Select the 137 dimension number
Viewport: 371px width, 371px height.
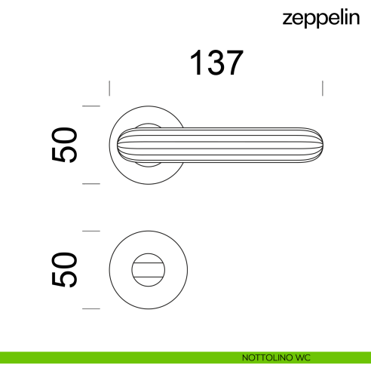click(216, 63)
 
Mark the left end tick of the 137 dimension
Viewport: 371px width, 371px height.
click(111, 88)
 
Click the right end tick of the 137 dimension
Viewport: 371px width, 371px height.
click(323, 88)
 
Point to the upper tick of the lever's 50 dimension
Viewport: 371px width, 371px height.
click(91, 107)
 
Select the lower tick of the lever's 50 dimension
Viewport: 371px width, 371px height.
click(91, 183)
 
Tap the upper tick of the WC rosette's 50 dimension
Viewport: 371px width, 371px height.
click(91, 231)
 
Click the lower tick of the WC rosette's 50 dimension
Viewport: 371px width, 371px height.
click(91, 308)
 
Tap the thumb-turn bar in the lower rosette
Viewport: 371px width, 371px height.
click(149, 269)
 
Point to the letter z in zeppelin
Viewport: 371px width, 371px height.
click(287, 18)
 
